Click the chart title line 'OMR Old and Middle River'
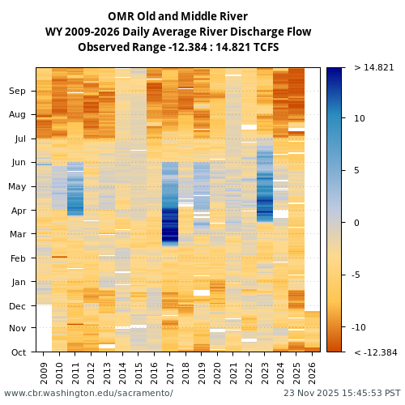tap(177, 16)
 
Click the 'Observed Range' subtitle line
tap(177, 47)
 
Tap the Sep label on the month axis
tap(17, 92)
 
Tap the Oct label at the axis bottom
tap(18, 352)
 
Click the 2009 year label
tap(44, 372)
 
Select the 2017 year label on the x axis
tap(170, 372)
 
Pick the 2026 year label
tap(312, 372)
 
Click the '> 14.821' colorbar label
tap(373, 68)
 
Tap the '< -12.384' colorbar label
tap(375, 352)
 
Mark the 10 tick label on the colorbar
tap(359, 118)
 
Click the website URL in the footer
tap(88, 394)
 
